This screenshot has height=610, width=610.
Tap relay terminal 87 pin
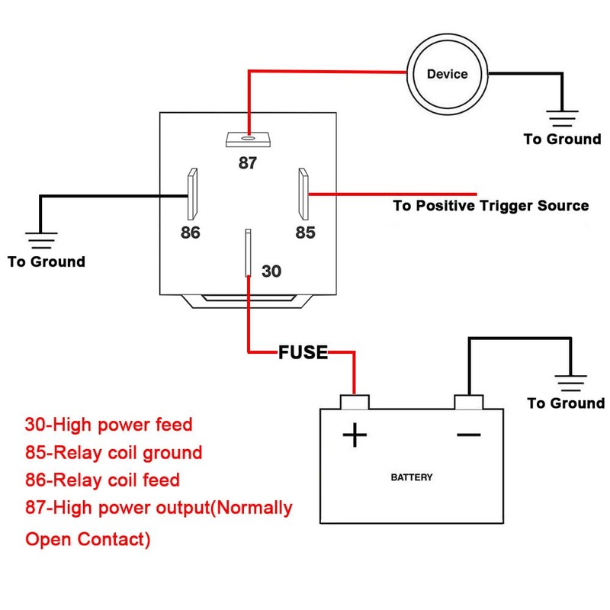[x=249, y=140]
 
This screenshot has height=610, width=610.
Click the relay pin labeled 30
[x=248, y=252]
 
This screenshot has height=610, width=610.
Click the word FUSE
[x=303, y=352]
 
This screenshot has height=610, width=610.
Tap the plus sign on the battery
[x=355, y=435]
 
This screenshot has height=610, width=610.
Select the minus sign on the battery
[x=468, y=435]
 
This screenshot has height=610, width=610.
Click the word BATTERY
[x=412, y=477]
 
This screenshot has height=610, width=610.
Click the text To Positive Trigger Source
[x=490, y=206]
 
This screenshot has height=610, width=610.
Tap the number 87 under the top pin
[x=248, y=163]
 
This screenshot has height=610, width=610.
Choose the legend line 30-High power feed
[x=109, y=424]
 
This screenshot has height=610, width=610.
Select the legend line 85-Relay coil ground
[x=114, y=453]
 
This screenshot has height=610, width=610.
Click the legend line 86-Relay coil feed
[x=103, y=480]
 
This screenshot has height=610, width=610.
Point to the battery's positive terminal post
[x=354, y=402]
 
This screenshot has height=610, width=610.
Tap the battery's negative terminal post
[x=468, y=402]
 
